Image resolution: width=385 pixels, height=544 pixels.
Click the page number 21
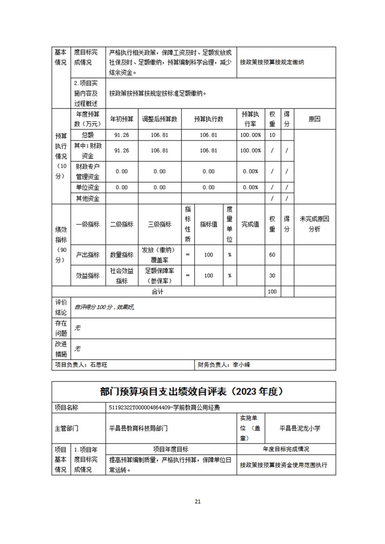(197, 501)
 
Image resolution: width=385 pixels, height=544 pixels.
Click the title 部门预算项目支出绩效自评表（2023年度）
(193, 391)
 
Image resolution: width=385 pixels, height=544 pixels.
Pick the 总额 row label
(87, 135)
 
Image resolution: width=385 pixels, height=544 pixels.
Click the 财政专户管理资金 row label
(87, 171)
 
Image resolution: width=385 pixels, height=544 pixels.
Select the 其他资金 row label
(87, 198)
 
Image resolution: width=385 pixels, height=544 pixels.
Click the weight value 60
(272, 255)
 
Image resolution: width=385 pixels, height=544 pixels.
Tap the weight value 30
(272, 275)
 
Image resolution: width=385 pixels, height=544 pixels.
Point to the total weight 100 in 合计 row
(272, 292)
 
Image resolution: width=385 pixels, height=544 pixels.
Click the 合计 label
(158, 292)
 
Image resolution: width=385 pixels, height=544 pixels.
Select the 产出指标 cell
(87, 255)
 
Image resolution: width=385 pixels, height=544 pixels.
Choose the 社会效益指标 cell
(121, 275)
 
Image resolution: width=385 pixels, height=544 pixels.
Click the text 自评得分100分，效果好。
(104, 307)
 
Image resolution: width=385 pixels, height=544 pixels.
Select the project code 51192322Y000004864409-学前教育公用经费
(167, 408)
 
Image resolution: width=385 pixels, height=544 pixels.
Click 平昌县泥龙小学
(300, 428)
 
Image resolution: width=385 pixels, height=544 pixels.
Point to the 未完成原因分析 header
(315, 224)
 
